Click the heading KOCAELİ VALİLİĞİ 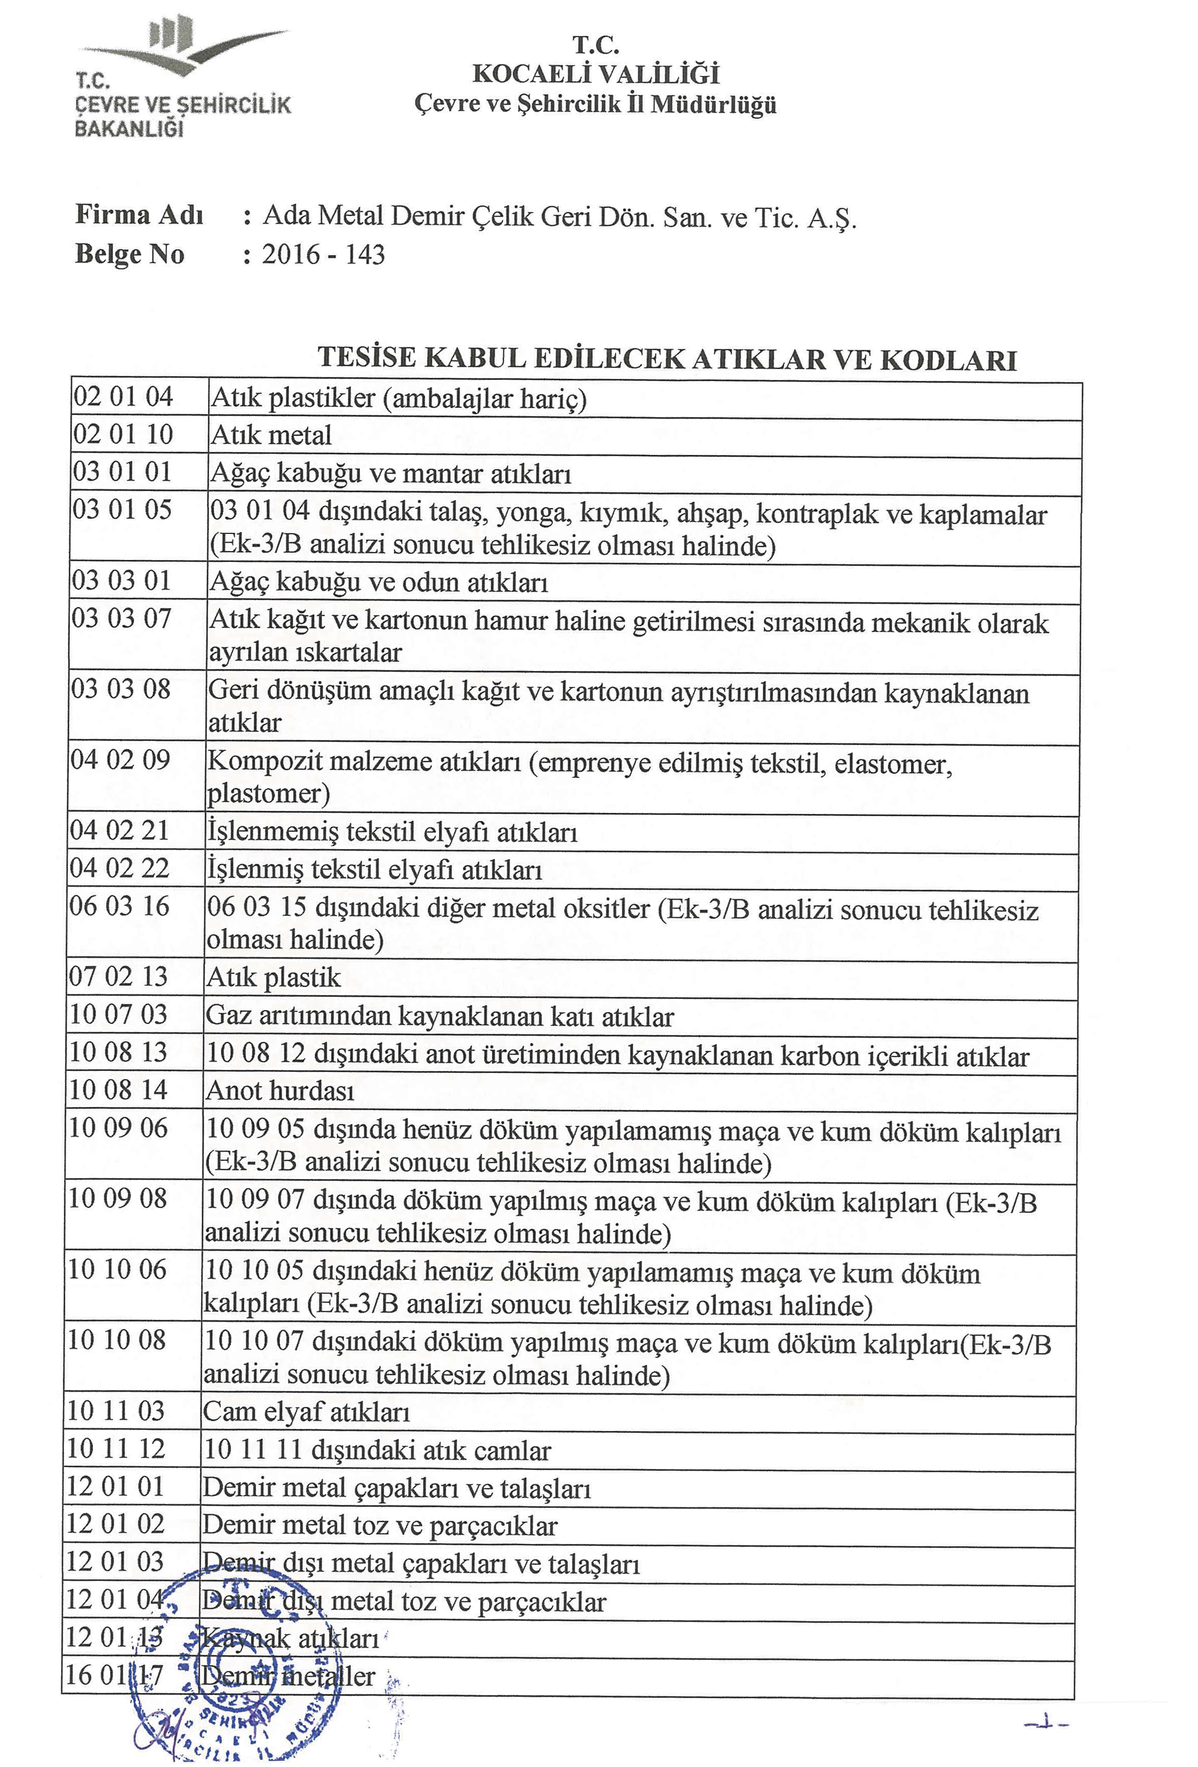tap(595, 74)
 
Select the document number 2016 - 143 tap(323, 254)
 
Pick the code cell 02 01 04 tap(123, 397)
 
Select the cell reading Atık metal tap(271, 436)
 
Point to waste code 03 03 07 tap(122, 618)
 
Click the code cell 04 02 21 tap(119, 830)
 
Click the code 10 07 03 tap(118, 1014)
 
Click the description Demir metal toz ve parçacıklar tap(379, 1526)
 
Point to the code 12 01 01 tap(116, 1487)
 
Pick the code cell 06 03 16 tap(119, 906)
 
